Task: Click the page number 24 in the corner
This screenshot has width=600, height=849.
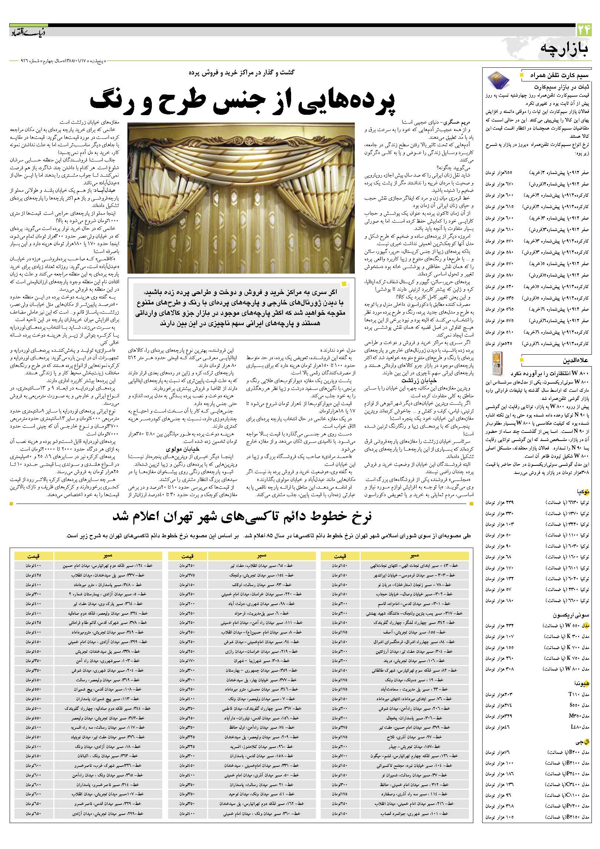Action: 584,30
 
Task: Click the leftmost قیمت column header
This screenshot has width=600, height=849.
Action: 34,556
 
